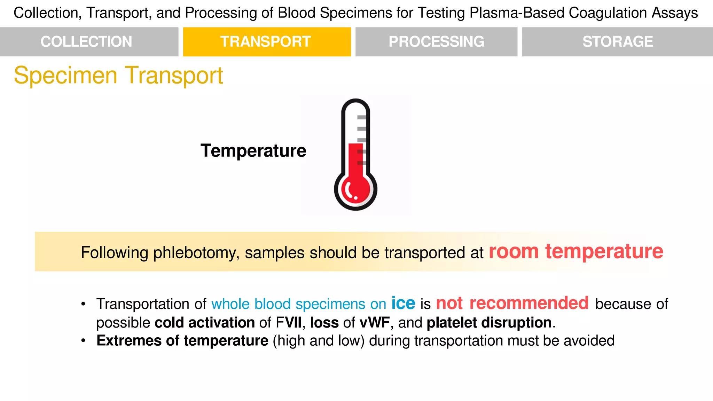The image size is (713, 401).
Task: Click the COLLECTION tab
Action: tap(86, 42)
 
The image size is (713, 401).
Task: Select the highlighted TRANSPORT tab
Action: tap(266, 42)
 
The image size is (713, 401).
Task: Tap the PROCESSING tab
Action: tap(436, 42)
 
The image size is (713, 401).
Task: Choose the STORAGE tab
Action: tap(618, 42)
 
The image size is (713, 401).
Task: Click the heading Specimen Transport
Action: tap(118, 76)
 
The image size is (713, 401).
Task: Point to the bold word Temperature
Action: tap(253, 151)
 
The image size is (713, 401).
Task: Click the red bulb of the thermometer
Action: tap(355, 190)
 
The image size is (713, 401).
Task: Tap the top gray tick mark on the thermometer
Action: tap(362, 117)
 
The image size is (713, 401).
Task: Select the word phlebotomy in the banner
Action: tap(196, 253)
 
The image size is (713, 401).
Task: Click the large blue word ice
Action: tap(403, 303)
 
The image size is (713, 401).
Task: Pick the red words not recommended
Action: tap(512, 303)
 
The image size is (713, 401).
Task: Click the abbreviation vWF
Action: tap(375, 323)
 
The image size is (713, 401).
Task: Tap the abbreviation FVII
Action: tap(289, 323)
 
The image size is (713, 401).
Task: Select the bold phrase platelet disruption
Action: tap(489, 323)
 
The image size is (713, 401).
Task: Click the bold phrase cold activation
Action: tap(205, 323)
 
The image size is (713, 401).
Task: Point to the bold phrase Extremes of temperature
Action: tap(182, 340)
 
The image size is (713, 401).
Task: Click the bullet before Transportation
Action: tap(83, 304)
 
